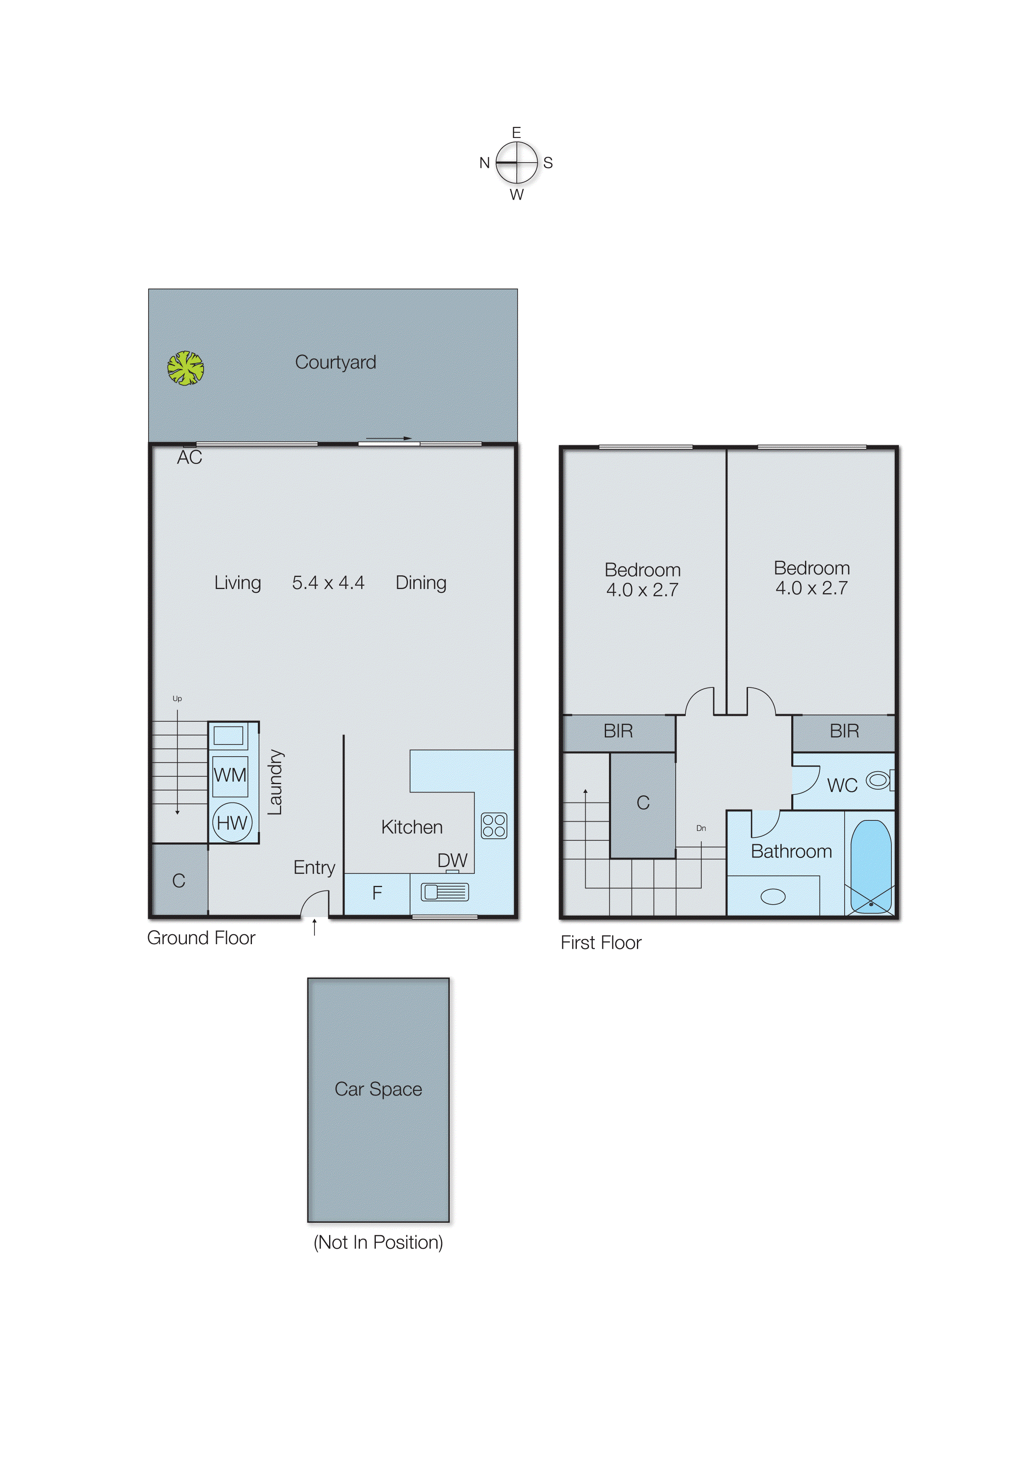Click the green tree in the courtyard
click(x=185, y=368)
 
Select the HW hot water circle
click(x=232, y=823)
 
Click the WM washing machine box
click(x=230, y=776)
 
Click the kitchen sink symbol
click(x=444, y=893)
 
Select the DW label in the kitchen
click(x=452, y=860)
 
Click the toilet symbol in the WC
click(x=879, y=780)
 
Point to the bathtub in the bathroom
click(x=870, y=867)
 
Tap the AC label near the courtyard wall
click(x=189, y=457)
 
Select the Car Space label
click(x=378, y=1089)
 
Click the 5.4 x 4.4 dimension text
click(x=328, y=583)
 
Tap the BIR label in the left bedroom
click(x=618, y=731)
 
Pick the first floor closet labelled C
click(x=643, y=803)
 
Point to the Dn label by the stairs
click(x=701, y=828)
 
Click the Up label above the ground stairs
click(x=177, y=699)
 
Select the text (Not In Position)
click(x=378, y=1243)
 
